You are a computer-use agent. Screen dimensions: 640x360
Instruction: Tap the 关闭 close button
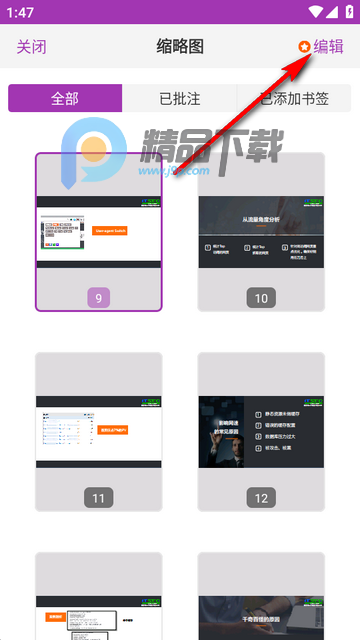(x=31, y=47)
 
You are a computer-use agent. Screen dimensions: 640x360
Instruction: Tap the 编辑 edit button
(x=328, y=47)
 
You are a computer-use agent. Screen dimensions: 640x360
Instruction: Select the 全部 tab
(x=65, y=98)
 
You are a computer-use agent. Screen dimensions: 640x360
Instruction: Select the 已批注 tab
(x=179, y=98)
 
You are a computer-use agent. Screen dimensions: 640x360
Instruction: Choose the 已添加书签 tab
(x=294, y=98)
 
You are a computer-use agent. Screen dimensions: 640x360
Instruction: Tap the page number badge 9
(x=97, y=297)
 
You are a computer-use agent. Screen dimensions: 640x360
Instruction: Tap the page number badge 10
(x=261, y=297)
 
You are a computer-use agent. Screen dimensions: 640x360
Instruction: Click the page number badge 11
(x=97, y=497)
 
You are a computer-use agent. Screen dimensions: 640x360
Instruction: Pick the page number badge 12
(x=261, y=497)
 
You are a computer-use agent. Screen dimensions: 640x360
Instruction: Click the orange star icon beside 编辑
(x=304, y=47)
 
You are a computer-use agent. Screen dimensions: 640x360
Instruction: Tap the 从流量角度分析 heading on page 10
(x=261, y=217)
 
